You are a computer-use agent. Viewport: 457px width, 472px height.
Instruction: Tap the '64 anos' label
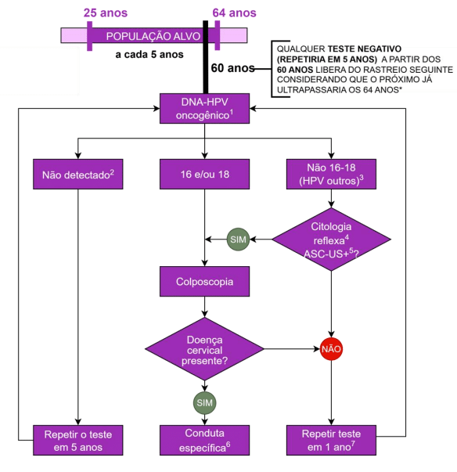[x=234, y=13]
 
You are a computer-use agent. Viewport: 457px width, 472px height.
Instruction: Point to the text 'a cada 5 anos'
[x=150, y=55]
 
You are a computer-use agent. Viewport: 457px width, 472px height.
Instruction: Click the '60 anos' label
[x=232, y=68]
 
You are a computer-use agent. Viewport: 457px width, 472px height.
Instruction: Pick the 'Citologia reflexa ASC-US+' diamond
[x=332, y=238]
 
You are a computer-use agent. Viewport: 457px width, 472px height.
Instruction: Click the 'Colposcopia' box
[x=205, y=280]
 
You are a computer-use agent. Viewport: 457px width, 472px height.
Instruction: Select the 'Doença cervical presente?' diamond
[x=205, y=348]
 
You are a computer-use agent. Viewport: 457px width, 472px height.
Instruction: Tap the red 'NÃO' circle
[x=332, y=348]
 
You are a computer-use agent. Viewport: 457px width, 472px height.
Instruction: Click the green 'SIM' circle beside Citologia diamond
[x=238, y=238]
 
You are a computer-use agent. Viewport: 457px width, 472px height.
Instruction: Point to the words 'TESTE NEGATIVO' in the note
[x=363, y=48]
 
